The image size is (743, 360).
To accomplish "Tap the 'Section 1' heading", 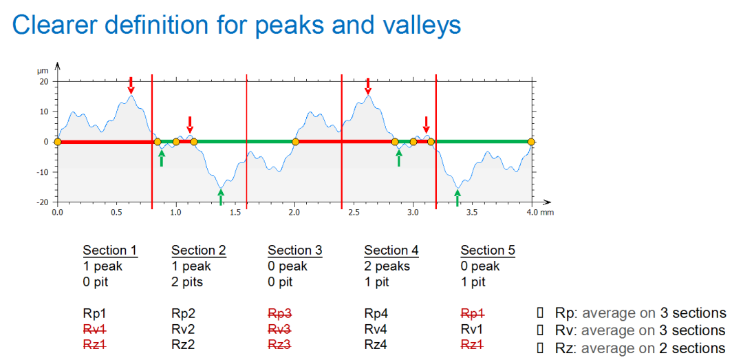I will [110, 251].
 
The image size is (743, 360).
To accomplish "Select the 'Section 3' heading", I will [294, 251].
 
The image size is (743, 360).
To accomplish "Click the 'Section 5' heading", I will [487, 251].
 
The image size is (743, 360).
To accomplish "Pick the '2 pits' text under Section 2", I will [187, 282].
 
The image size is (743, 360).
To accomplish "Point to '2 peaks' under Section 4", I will [387, 266].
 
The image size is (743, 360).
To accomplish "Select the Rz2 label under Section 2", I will [183, 345].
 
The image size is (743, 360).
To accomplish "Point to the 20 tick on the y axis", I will [44, 81].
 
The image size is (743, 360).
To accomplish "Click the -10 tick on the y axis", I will [42, 172].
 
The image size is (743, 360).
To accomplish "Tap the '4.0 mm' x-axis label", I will [539, 213].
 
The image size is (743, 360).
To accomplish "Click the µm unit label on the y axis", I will [43, 71].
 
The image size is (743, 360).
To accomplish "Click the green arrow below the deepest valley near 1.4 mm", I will [221, 198].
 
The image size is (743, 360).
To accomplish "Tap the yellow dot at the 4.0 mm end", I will [532, 142].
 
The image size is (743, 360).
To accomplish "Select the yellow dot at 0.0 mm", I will [57, 142].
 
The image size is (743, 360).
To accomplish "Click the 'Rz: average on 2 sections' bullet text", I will [640, 348].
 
